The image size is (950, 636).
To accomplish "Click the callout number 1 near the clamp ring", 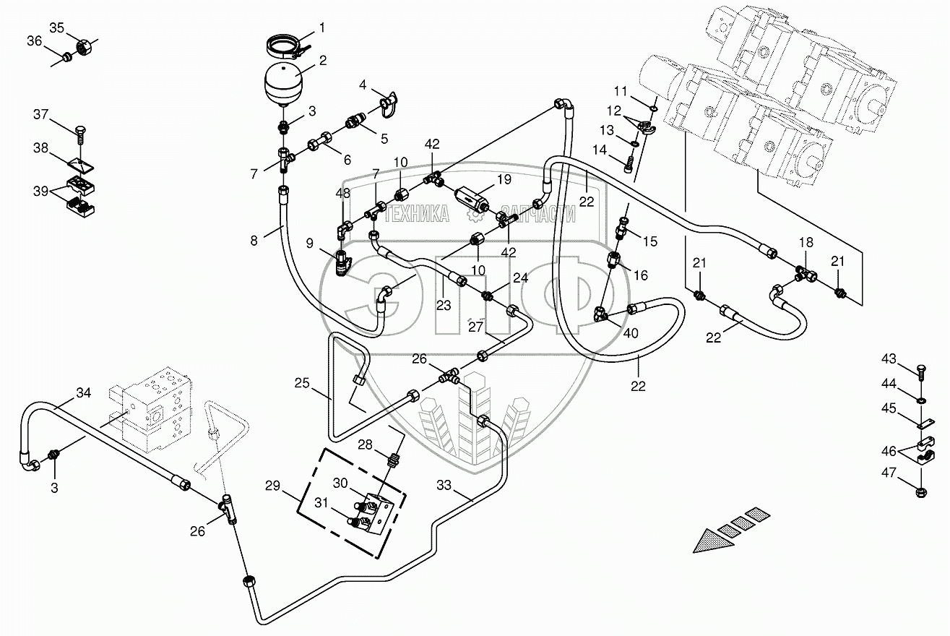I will [x=322, y=29].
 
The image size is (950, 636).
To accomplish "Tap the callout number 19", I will [x=504, y=179].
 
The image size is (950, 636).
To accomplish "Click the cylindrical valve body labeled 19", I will [x=472, y=197].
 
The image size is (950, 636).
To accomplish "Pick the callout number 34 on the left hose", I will [x=84, y=393].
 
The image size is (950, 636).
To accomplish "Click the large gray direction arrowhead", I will [x=712, y=540].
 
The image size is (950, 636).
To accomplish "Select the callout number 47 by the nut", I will [x=889, y=473].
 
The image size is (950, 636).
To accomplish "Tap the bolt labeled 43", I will [x=921, y=371].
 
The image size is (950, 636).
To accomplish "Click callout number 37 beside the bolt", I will [x=42, y=114].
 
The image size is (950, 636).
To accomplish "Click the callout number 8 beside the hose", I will [x=254, y=241].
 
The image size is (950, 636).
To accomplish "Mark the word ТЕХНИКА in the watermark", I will [x=418, y=213].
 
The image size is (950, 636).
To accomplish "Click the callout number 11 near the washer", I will [x=621, y=91].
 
